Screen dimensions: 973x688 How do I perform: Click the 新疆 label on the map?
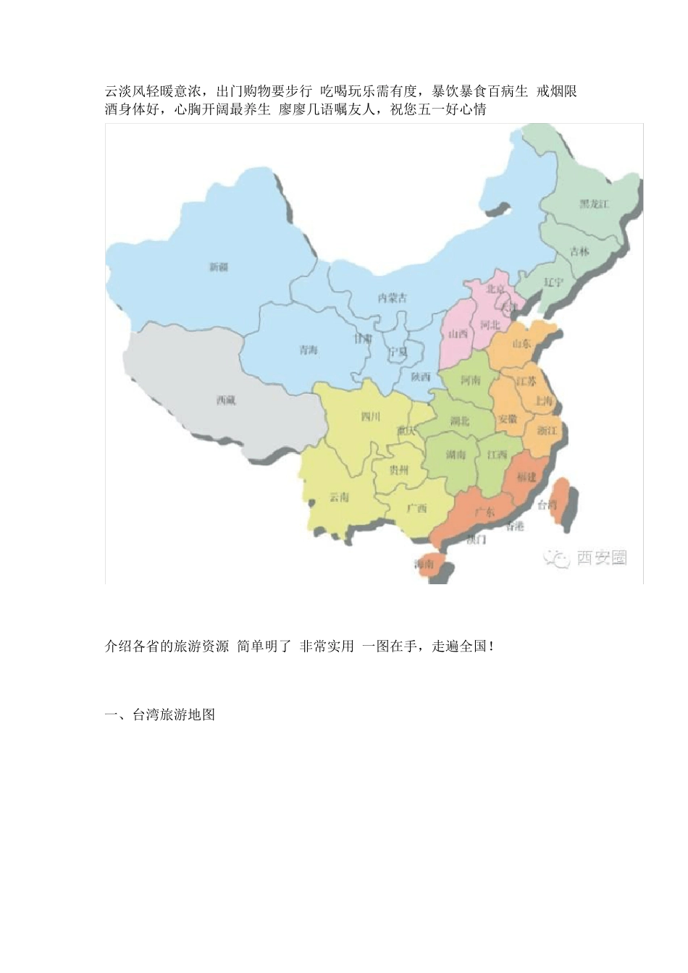[x=219, y=267]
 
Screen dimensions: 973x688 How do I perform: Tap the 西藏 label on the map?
[x=226, y=400]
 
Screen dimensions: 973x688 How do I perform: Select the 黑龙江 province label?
[x=594, y=204]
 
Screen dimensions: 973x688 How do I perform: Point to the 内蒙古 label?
[x=393, y=298]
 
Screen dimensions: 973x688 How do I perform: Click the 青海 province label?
[x=309, y=350]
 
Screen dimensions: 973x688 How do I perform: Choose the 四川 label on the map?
[x=370, y=416]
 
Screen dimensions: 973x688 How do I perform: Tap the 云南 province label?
[x=339, y=497]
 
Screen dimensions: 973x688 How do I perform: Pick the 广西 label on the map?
[x=416, y=508]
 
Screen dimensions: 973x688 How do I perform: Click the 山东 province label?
[x=521, y=343]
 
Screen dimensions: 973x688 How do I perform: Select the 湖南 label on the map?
[x=456, y=455]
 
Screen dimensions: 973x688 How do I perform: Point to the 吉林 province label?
[x=579, y=251]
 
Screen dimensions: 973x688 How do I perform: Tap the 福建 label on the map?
[x=527, y=477]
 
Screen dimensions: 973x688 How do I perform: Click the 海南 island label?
[x=424, y=564]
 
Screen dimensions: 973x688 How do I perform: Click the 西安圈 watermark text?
[x=601, y=557]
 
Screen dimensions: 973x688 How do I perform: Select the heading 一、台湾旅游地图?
[x=160, y=715]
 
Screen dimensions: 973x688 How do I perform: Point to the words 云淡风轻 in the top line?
[x=132, y=91]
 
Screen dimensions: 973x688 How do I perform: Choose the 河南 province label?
[x=471, y=380]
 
